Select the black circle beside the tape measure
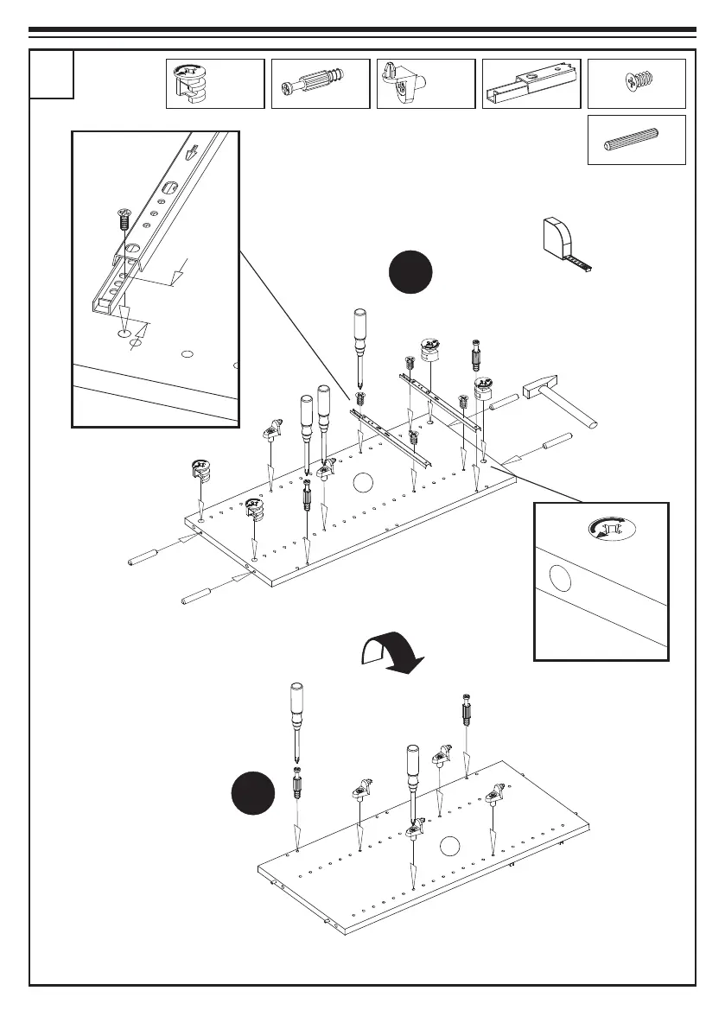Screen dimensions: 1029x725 pyautogui.click(x=409, y=272)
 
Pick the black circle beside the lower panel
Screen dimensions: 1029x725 pyautogui.click(x=253, y=794)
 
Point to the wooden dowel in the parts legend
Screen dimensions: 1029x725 pyautogui.click(x=635, y=140)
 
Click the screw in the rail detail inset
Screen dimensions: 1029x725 pyautogui.click(x=123, y=217)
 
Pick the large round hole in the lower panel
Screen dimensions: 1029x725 pyautogui.click(x=449, y=848)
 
